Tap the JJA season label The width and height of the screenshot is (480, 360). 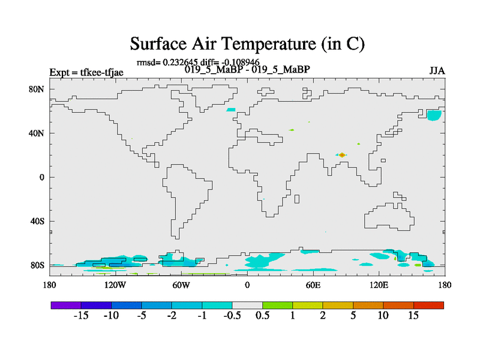coord(437,71)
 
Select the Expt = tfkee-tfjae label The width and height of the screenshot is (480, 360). coord(86,73)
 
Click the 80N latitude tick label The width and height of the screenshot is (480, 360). coord(37,89)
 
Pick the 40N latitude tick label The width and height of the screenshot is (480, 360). coord(37,133)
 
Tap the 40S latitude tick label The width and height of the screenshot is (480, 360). coord(37,221)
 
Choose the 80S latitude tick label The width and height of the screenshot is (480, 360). coord(37,265)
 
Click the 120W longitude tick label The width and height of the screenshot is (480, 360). coord(115,285)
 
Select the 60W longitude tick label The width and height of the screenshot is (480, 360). coord(181,285)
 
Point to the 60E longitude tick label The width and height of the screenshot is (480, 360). coord(313,285)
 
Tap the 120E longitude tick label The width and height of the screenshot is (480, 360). coord(379,285)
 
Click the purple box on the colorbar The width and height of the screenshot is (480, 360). coord(66,305)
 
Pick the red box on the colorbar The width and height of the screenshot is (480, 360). coord(428,305)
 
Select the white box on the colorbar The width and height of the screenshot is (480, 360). coord(247,305)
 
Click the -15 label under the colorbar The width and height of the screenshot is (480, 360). coord(81,316)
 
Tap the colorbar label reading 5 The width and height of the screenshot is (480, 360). coord(353,316)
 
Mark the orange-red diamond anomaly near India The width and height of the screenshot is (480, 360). coord(342,155)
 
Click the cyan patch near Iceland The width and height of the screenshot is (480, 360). coord(231,110)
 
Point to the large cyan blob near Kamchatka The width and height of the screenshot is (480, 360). coord(434,115)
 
